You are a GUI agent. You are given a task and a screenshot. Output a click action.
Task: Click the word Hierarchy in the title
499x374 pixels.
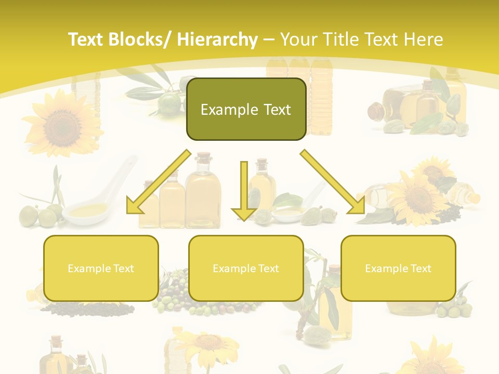pyautogui.click(x=217, y=39)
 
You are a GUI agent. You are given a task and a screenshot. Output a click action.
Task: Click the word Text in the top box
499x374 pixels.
pyautogui.click(x=275, y=110)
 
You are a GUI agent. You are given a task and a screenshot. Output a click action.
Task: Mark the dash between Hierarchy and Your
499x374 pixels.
pyautogui.click(x=269, y=39)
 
